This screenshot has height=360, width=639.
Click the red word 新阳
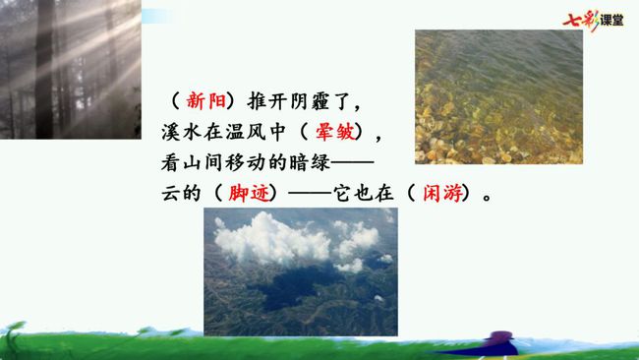pos(205,100)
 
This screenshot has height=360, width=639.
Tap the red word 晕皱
pos(335,132)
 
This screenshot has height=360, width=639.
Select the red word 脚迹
pos(249,193)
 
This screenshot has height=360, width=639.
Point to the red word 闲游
pos(443,193)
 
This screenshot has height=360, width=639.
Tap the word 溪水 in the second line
pos(181,132)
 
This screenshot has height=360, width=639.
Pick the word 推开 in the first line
pos(266,100)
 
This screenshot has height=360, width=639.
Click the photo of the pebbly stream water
pos(498,97)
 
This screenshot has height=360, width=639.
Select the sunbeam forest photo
pos(71,69)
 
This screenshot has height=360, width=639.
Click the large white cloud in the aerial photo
pos(271,239)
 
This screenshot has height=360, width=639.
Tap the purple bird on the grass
pos(498,343)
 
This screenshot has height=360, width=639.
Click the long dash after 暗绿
pos(353,162)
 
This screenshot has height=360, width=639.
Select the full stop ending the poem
pos(487,198)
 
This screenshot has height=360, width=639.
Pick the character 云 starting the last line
pos(171,193)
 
